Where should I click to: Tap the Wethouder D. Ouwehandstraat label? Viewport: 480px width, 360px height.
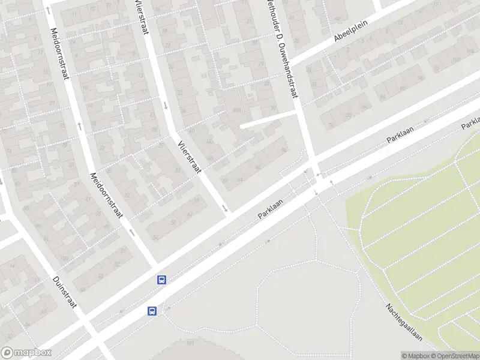click(285, 52)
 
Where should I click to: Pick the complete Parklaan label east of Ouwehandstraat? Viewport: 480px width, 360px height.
click(401, 132)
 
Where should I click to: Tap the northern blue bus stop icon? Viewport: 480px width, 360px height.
click(161, 280)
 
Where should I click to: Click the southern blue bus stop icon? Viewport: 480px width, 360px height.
click(152, 311)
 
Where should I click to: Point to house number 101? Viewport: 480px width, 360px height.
click(190, 343)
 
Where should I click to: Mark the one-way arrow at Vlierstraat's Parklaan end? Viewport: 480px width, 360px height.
click(225, 208)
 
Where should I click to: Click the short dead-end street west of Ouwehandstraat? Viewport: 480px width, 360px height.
click(268, 118)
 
